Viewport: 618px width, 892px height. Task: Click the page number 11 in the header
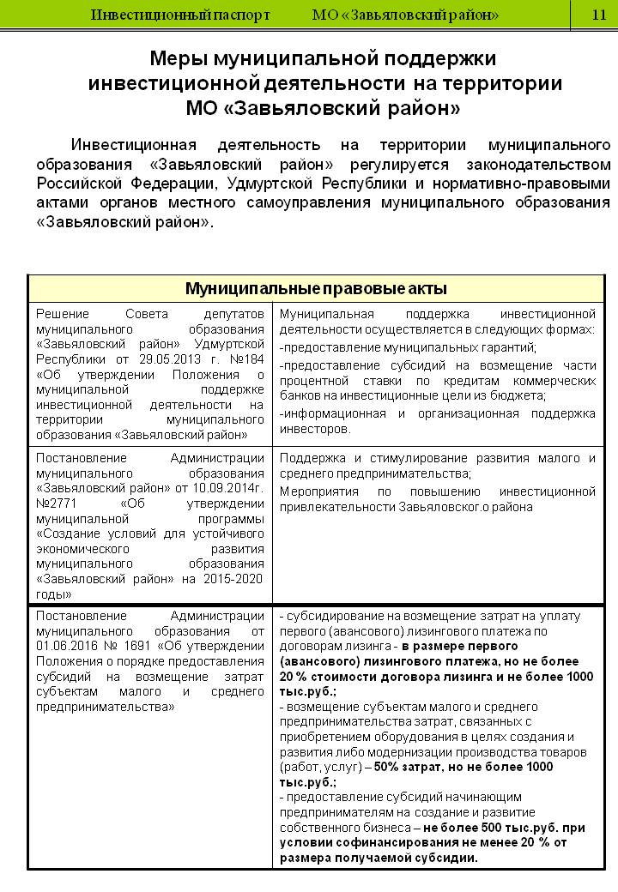[598, 15]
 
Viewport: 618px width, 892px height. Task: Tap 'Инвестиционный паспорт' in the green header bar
[180, 15]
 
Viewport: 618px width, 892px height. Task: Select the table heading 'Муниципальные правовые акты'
[317, 287]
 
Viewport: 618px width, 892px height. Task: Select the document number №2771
[53, 502]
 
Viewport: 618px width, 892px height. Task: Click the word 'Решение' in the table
[62, 314]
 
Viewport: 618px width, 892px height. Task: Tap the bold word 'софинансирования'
[384, 843]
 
